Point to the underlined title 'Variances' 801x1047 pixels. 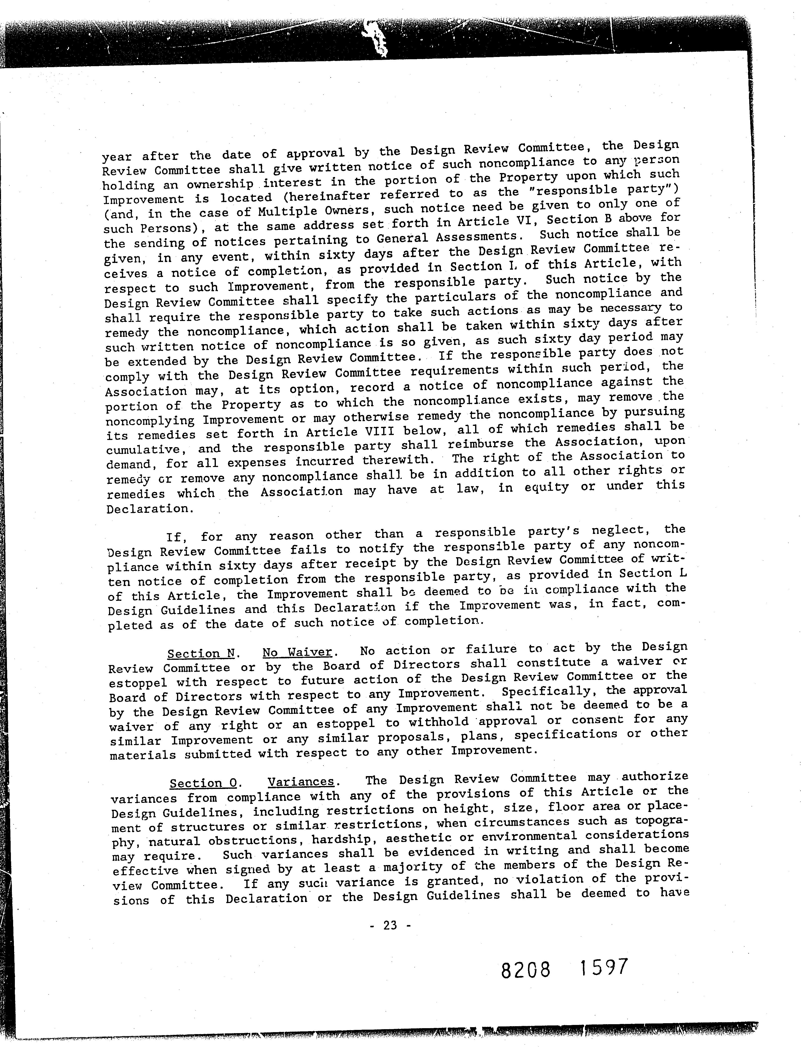click(x=301, y=782)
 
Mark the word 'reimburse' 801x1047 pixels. click(x=482, y=444)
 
